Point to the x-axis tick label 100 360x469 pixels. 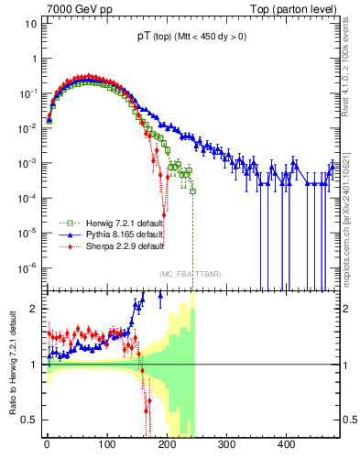coord(106,444)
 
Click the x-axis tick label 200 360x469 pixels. coord(167,444)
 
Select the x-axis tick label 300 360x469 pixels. coord(226,444)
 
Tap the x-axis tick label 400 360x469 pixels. coord(287,444)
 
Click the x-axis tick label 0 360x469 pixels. coord(47,444)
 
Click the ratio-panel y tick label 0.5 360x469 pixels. coord(27,420)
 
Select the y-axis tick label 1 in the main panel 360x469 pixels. coord(33,59)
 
